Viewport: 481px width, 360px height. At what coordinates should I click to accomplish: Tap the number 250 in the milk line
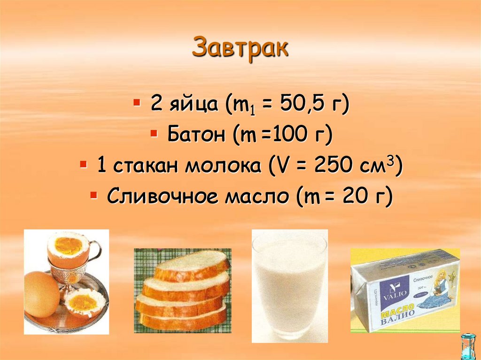tap(335, 166)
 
